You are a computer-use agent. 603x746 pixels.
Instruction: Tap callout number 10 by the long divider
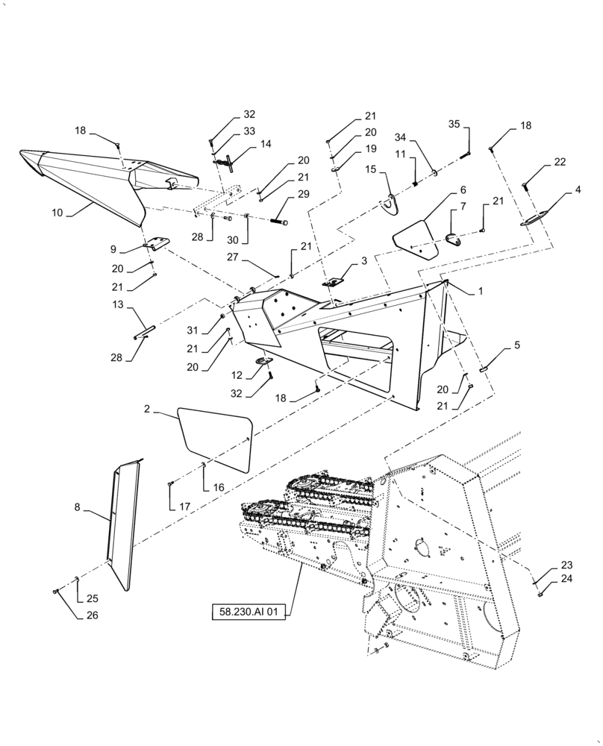pos(58,213)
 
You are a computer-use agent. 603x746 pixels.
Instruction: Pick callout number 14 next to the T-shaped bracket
pos(265,143)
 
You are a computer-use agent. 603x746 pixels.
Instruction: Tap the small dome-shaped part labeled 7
pos(452,237)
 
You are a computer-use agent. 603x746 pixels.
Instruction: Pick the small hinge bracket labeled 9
pos(157,244)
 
